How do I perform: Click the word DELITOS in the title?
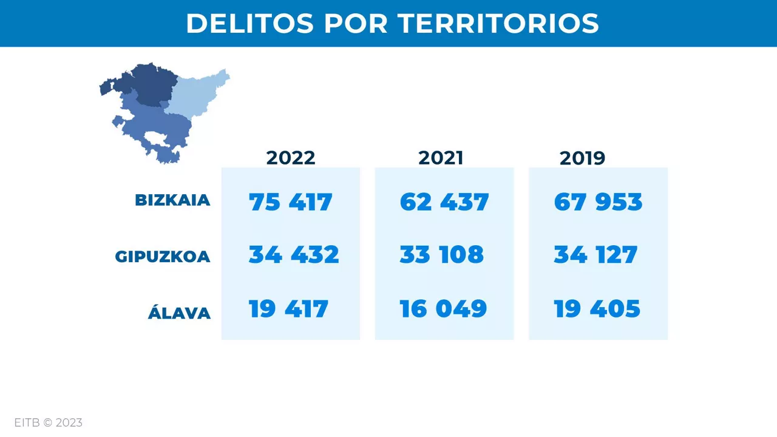249,24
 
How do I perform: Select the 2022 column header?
291,158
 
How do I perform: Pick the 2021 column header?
441,158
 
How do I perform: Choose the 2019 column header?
582,158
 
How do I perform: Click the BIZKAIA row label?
172,200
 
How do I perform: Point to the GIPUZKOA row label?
163,257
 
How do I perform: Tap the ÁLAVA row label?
179,313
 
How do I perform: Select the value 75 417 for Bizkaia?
291,202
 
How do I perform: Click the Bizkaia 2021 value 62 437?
444,202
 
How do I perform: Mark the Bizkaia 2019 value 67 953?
598,202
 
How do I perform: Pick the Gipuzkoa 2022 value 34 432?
294,255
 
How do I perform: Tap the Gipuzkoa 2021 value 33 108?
442,255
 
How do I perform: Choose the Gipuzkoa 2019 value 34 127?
595,255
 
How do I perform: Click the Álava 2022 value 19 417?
288,309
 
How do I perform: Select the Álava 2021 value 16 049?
443,309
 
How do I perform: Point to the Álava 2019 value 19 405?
597,309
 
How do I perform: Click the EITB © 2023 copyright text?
49,422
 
